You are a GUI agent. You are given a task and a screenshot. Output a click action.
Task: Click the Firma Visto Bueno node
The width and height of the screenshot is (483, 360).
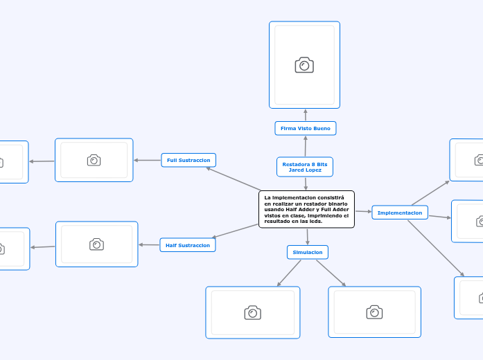(306, 128)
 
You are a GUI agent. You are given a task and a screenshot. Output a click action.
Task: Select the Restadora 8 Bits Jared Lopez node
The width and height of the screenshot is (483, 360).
(305, 166)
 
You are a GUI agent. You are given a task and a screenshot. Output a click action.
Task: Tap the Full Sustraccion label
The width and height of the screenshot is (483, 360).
(188, 160)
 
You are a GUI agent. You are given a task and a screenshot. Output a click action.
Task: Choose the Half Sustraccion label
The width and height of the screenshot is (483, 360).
(188, 245)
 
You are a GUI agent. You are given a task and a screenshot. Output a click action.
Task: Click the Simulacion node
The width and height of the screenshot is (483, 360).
(308, 252)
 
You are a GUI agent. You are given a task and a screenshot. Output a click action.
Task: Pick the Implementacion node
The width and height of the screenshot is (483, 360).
(400, 213)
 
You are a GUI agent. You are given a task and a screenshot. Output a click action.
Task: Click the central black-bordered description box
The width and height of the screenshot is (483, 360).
(306, 208)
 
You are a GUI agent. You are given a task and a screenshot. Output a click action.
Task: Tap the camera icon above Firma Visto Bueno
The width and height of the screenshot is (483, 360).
(304, 65)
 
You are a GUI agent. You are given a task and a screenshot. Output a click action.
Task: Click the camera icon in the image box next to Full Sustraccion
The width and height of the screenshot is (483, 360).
(94, 160)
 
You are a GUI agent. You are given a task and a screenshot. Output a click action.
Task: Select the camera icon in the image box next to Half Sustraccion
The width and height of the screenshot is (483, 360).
(96, 244)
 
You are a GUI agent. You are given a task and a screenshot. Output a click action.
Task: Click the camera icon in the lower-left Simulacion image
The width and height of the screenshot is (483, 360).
(252, 312)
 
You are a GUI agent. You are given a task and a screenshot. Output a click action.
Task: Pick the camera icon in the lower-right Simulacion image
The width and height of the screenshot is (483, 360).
(374, 312)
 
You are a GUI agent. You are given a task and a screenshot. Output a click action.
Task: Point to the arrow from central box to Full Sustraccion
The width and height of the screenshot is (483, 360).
(234, 179)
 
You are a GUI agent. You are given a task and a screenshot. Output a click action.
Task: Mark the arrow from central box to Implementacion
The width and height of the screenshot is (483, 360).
(363, 211)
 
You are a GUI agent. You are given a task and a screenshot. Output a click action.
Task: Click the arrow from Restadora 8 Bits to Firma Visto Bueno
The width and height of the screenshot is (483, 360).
(305, 146)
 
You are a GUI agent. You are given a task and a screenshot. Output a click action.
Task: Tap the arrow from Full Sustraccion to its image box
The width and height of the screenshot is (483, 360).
(147, 160)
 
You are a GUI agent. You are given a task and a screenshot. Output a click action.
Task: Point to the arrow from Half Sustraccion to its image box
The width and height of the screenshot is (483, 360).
(149, 244)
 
